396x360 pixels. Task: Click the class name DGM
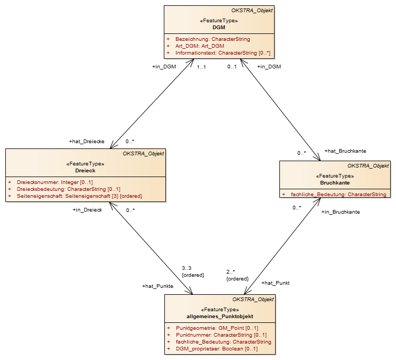pyautogui.click(x=219, y=27)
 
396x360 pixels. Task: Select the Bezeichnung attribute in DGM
pyautogui.click(x=213, y=39)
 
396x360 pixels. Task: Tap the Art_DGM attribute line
pyautogui.click(x=200, y=46)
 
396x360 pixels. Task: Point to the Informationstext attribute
pyautogui.click(x=223, y=53)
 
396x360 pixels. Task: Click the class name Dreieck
pyautogui.click(x=85, y=171)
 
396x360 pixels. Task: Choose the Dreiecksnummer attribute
pyautogui.click(x=55, y=182)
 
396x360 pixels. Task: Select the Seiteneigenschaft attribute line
pyautogui.click(x=80, y=196)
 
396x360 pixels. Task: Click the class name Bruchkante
pyautogui.click(x=335, y=183)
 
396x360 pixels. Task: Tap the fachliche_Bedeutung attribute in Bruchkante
pyautogui.click(x=338, y=194)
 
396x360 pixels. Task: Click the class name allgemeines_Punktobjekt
pyautogui.click(x=219, y=317)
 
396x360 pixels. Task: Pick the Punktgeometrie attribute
pyautogui.click(x=217, y=328)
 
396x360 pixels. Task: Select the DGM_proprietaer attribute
pyautogui.click(x=217, y=349)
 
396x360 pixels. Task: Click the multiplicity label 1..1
pyautogui.click(x=201, y=67)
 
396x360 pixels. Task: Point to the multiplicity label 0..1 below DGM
pyautogui.click(x=232, y=67)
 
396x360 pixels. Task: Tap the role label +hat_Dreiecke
pyautogui.click(x=86, y=142)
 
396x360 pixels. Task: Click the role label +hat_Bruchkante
pyautogui.click(x=345, y=151)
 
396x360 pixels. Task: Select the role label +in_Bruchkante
pyautogui.click(x=340, y=212)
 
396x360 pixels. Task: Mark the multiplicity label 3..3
pyautogui.click(x=187, y=268)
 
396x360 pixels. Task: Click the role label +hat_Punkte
pyautogui.click(x=157, y=286)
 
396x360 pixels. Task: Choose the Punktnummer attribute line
pyautogui.click(x=221, y=335)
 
